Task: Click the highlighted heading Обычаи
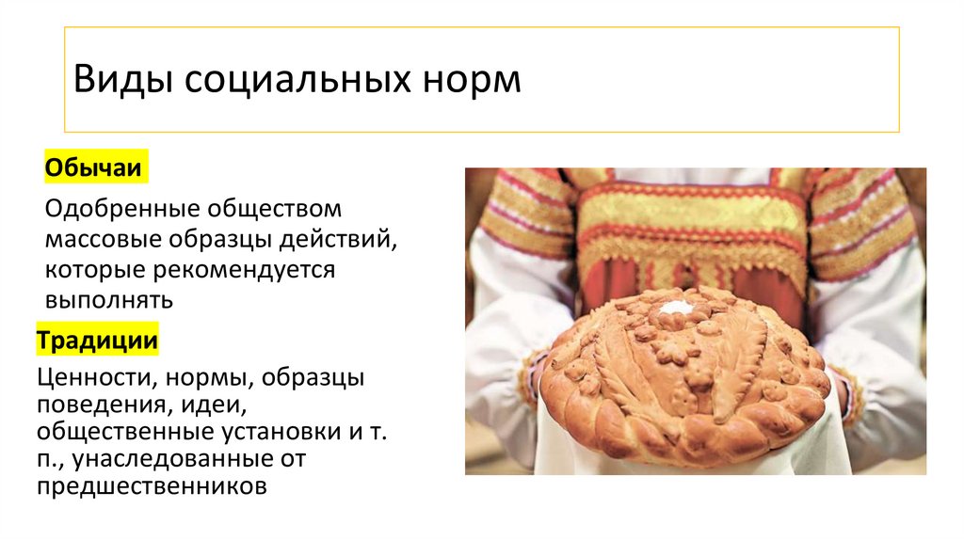tap(93, 170)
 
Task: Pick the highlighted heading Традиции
tap(97, 341)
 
